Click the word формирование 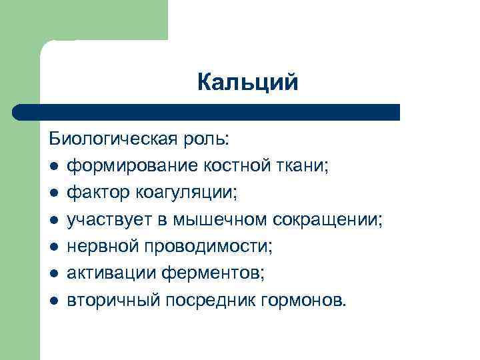click(126, 166)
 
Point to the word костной click(219, 166)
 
